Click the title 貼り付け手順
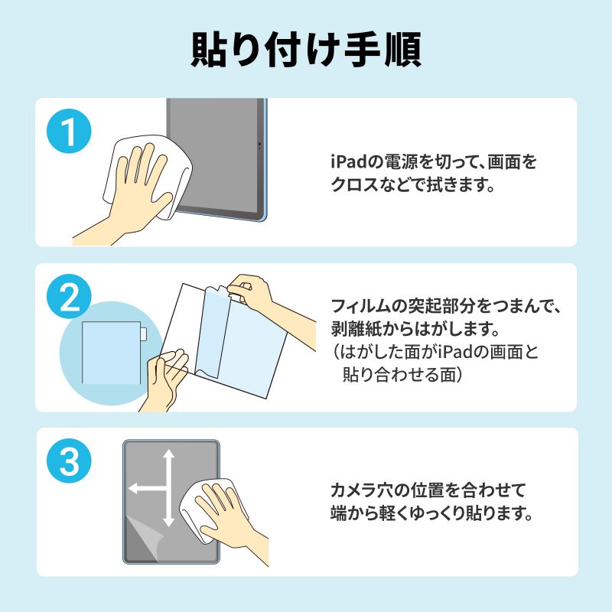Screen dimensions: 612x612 (306, 50)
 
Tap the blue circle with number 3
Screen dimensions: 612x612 (70, 462)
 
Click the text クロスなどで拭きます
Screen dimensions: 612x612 (409, 184)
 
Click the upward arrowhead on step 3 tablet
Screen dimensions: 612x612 (169, 456)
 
